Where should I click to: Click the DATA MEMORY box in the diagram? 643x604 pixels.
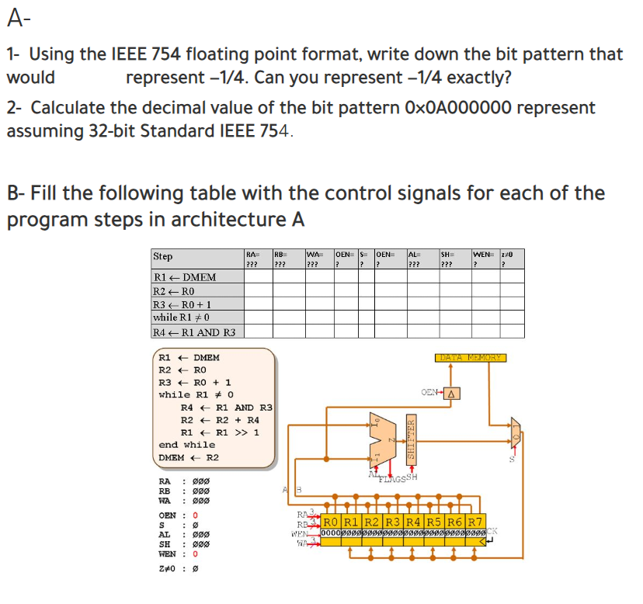pos(470,358)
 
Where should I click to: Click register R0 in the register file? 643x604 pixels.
pos(331,521)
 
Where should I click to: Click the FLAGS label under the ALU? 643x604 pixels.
pos(392,477)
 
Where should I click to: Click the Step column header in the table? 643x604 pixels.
pos(163,257)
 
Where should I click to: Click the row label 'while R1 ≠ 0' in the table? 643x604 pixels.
pos(182,318)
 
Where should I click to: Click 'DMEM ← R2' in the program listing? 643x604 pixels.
pos(189,457)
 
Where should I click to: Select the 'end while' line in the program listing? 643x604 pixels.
pos(186,445)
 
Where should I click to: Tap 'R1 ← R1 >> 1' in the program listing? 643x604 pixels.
pos(220,432)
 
